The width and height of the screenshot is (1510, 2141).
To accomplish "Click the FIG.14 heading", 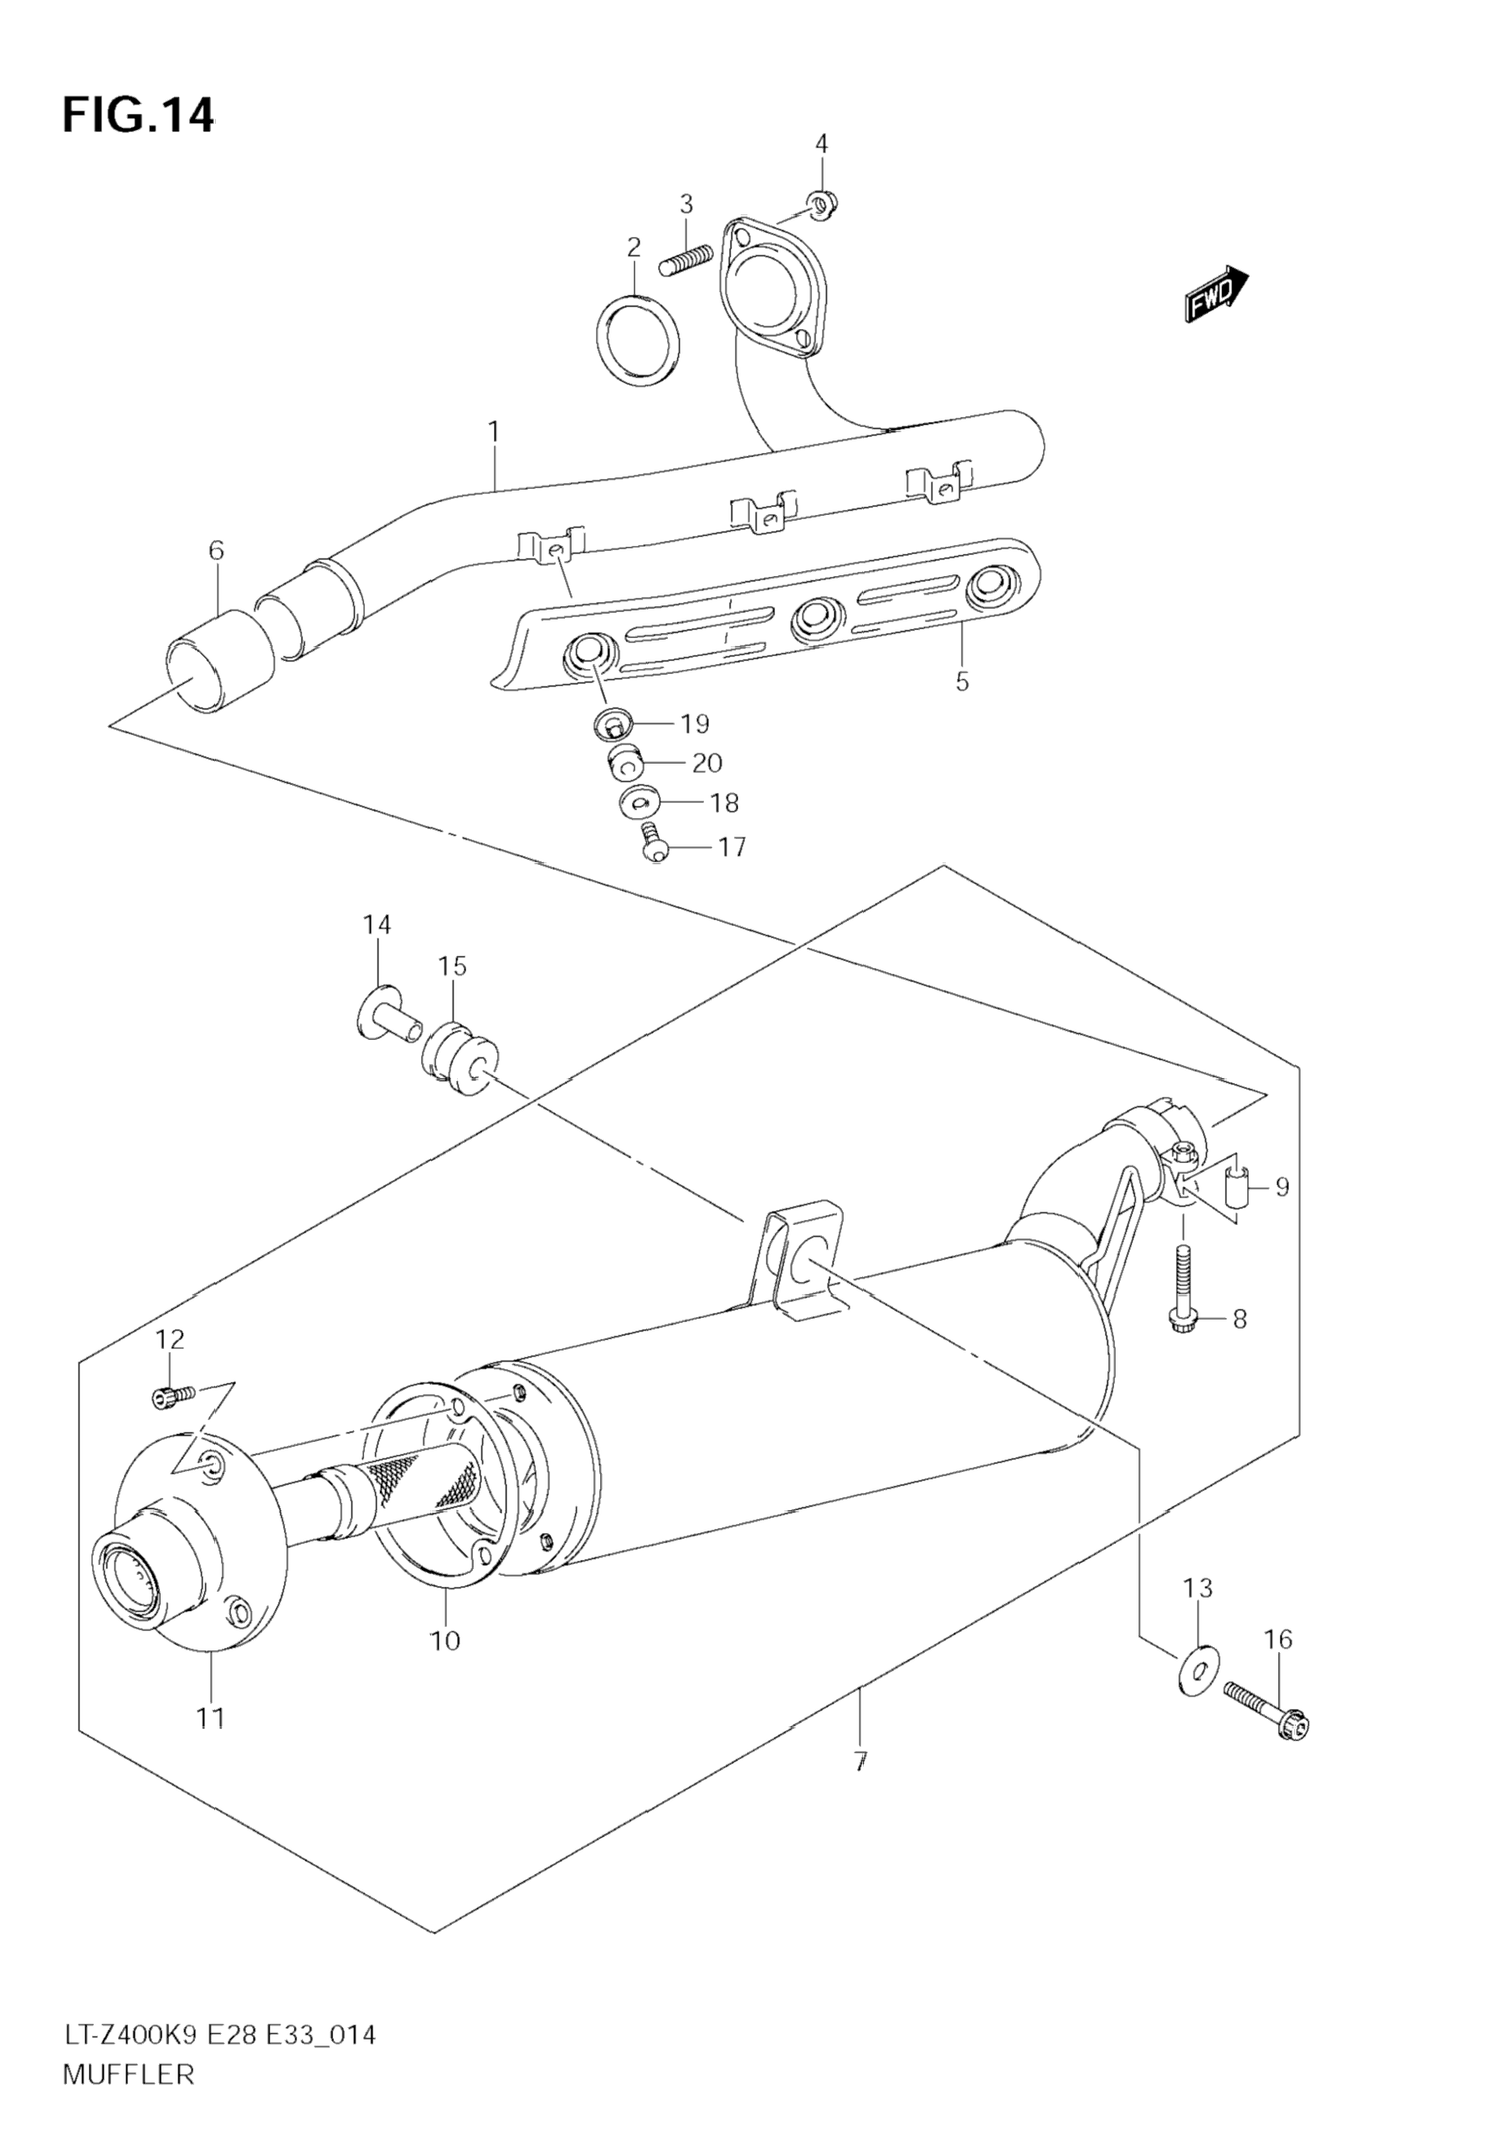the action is pyautogui.click(x=138, y=115).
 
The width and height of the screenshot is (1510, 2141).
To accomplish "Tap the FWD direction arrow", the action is pyautogui.click(x=1216, y=294).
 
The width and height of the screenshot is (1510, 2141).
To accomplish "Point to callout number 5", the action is pyautogui.click(x=962, y=681).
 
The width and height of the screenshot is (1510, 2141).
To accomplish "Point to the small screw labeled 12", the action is pyautogui.click(x=172, y=1421).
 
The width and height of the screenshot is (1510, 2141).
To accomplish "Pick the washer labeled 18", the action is pyautogui.click(x=639, y=801).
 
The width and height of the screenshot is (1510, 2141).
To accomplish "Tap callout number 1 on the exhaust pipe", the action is pyautogui.click(x=494, y=432).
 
